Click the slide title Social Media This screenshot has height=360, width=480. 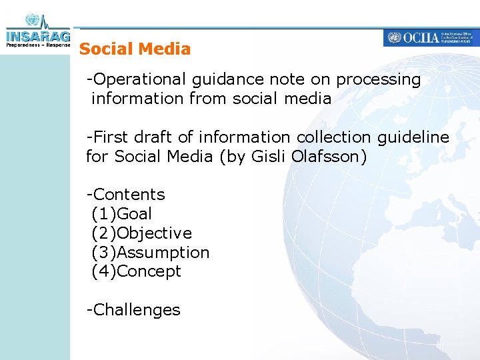135,49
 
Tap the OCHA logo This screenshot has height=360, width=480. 431,38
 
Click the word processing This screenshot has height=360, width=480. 379,80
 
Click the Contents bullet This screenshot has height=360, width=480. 126,195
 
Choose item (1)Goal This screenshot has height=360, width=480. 121,215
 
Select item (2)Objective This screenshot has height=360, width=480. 141,234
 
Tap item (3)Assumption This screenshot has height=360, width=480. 150,253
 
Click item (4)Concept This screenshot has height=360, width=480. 136,272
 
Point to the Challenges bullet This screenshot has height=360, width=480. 133,311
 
